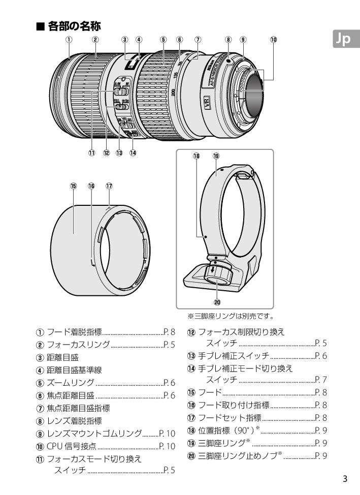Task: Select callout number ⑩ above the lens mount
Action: tap(274, 40)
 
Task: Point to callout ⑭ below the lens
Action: tap(134, 151)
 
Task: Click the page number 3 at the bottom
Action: tap(345, 479)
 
